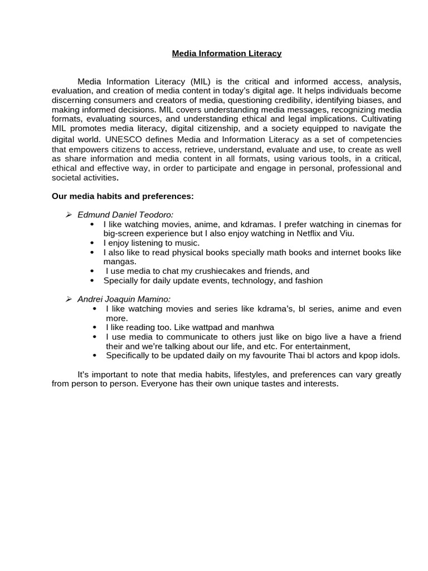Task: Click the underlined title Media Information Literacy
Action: tap(227, 54)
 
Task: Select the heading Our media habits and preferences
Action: tap(123, 196)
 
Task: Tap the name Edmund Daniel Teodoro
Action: tap(125, 215)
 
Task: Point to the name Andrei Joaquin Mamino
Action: tap(124, 299)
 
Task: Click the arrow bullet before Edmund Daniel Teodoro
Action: tap(69, 215)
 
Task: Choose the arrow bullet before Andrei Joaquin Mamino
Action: tap(69, 299)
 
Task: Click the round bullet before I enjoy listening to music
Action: tap(92, 243)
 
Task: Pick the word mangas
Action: tap(119, 262)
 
